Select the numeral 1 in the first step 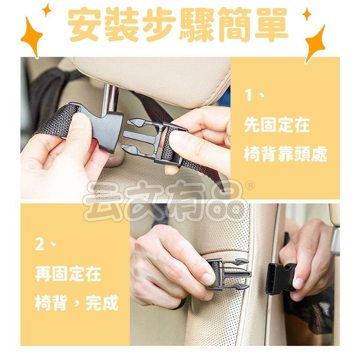click(249, 96)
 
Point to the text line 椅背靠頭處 click(285, 154)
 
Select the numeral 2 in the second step click(40, 245)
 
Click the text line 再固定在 click(68, 274)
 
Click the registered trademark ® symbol click(251, 186)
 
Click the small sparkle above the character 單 click(306, 14)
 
